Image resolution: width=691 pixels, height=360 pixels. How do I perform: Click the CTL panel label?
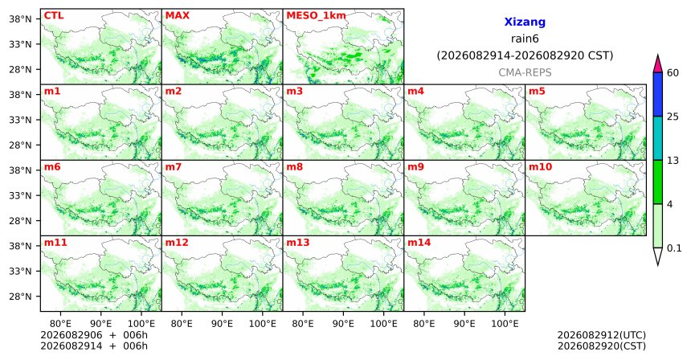(x=54, y=16)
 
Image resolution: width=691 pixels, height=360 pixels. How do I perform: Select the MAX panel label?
(x=177, y=16)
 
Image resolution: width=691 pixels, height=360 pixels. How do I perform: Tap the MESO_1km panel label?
(x=316, y=16)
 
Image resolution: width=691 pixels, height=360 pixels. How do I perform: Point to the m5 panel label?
(x=537, y=92)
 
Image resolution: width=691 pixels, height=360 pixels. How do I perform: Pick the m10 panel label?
(x=540, y=167)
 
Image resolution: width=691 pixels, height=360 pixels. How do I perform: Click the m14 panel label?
(x=419, y=243)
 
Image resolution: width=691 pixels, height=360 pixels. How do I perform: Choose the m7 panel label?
(x=174, y=167)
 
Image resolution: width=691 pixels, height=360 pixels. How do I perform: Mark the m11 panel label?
(x=55, y=243)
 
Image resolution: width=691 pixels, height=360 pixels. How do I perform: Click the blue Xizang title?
(x=525, y=22)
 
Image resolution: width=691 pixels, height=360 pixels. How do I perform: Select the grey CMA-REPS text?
(x=525, y=72)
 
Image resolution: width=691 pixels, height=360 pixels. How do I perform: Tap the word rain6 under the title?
(x=525, y=39)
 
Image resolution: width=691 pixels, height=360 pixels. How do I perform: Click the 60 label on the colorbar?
(x=673, y=72)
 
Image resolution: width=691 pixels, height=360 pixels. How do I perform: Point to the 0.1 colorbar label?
(x=674, y=248)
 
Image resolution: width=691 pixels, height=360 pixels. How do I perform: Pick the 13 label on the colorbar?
(x=673, y=161)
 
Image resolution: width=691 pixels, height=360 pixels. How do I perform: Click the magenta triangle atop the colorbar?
(x=658, y=64)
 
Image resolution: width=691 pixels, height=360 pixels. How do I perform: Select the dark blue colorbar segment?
(x=658, y=94)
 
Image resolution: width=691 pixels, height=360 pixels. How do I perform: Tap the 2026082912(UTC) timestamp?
(x=602, y=336)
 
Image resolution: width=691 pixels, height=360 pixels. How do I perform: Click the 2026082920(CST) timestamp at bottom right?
(x=602, y=346)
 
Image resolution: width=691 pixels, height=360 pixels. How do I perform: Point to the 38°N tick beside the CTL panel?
(x=20, y=19)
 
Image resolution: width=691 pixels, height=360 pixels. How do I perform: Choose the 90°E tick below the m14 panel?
(x=464, y=325)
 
